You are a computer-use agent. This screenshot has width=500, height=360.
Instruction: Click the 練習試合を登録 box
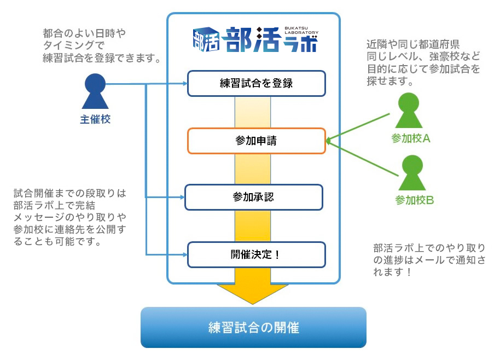tap(256, 83)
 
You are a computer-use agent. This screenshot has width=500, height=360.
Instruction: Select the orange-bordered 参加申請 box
tap(256, 141)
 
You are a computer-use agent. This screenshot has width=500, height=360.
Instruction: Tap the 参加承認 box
tap(253, 197)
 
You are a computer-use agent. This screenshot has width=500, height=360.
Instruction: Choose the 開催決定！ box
tap(256, 254)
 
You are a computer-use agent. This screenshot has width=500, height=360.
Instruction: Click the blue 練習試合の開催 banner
tap(253, 327)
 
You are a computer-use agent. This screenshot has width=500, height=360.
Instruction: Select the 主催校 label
tap(95, 119)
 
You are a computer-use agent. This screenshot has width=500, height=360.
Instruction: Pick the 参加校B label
tap(414, 200)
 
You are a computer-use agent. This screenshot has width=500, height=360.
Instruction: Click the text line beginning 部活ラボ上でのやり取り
tap(429, 248)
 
